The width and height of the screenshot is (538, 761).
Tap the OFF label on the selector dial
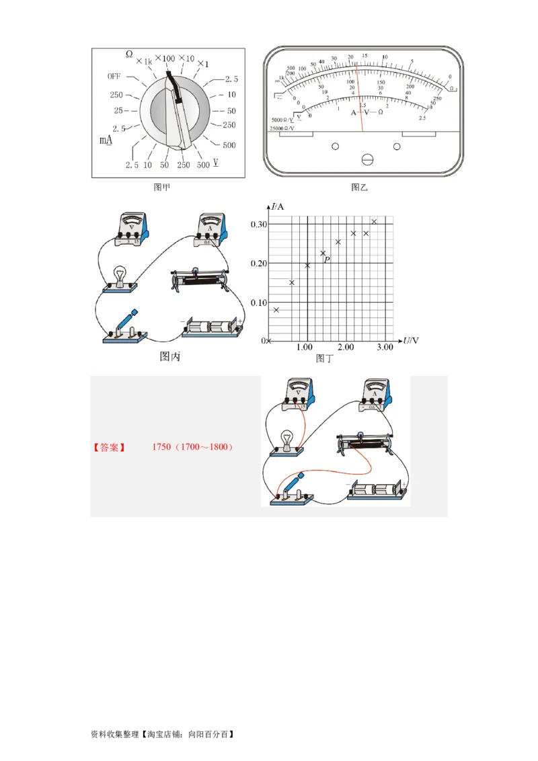pos(114,77)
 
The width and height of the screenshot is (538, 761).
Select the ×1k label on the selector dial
pos(144,61)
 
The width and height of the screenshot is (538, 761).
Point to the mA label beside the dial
pos(106,141)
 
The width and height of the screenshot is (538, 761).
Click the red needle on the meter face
pos(359,94)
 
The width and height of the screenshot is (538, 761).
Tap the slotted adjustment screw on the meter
pos(367,159)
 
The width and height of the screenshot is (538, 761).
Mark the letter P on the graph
pos(327,259)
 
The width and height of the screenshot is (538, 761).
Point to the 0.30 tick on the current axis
pos(258,224)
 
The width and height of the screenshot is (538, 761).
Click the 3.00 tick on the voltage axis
pos(384,347)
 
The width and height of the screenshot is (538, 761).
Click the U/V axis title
pos(410,341)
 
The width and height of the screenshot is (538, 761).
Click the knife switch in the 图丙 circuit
pos(122,327)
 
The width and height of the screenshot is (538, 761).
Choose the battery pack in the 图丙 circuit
pos(213,327)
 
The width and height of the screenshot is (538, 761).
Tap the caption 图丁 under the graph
pos(324,358)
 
